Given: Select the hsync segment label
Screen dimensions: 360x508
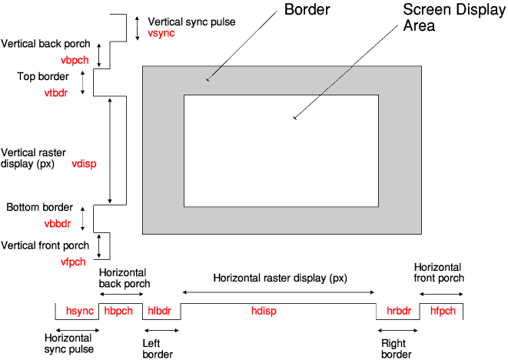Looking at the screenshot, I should (x=79, y=311).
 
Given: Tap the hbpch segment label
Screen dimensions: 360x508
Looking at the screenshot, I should (x=119, y=311).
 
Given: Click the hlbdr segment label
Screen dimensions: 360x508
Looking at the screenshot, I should (x=160, y=311).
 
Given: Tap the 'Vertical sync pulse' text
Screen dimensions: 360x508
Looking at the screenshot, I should (x=190, y=22).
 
